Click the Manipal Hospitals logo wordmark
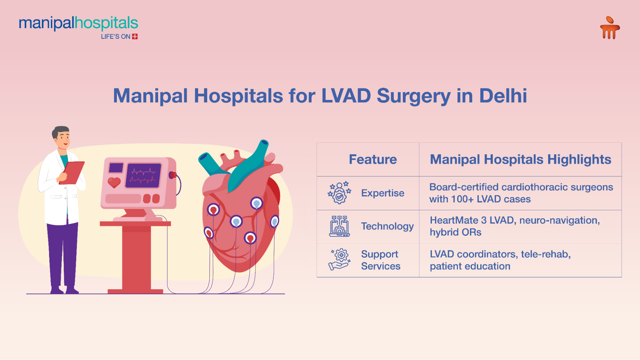point(78,23)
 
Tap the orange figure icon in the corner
point(610,28)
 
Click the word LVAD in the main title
point(346,96)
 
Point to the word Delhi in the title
point(503,96)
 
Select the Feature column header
point(373,159)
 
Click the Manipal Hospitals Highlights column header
point(521,159)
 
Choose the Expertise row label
point(383,193)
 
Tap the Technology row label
point(387,226)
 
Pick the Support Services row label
point(381,260)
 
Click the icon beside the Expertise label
point(339,193)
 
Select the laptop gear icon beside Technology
point(339,226)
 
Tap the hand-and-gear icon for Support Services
point(340,260)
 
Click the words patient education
point(470,266)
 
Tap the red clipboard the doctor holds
point(72,173)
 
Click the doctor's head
point(61,138)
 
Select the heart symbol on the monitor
point(114,182)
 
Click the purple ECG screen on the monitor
point(143,175)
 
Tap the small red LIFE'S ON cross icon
point(135,36)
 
